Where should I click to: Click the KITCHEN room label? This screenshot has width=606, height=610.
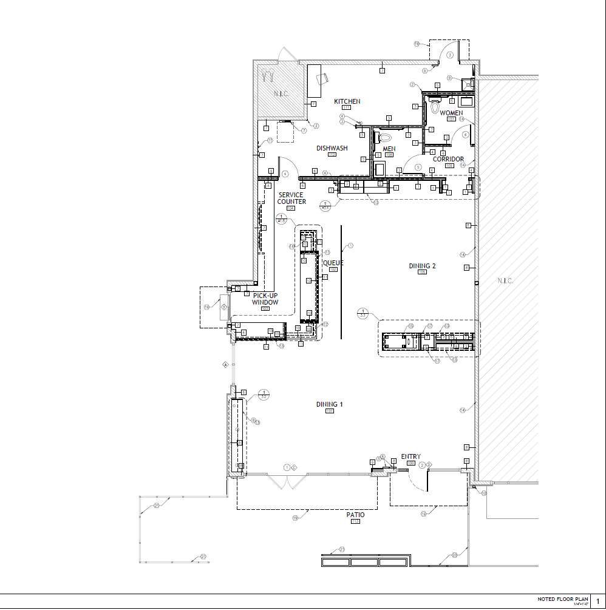tap(347, 101)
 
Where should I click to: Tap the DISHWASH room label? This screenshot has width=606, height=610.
tap(332, 148)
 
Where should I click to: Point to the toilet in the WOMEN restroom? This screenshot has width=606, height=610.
tap(434, 107)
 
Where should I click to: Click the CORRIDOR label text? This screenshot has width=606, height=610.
tap(448, 159)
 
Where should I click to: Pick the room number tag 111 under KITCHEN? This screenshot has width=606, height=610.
tap(347, 107)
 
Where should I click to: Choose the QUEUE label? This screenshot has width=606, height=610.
tap(333, 263)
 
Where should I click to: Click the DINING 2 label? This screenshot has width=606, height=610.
tap(422, 266)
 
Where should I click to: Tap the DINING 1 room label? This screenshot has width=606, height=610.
tap(329, 404)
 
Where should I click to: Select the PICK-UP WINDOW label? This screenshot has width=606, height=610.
tap(265, 299)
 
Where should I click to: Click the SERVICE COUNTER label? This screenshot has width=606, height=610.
tap(291, 198)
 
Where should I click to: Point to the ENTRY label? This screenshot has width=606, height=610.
tap(410, 457)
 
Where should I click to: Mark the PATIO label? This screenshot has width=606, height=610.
tap(356, 515)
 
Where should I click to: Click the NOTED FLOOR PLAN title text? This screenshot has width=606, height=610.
tap(563, 599)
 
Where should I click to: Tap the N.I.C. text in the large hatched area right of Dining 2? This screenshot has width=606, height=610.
tap(505, 281)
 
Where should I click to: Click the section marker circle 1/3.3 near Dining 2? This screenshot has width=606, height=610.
tap(363, 313)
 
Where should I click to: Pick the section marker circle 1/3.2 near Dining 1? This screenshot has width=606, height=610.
tap(264, 395)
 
